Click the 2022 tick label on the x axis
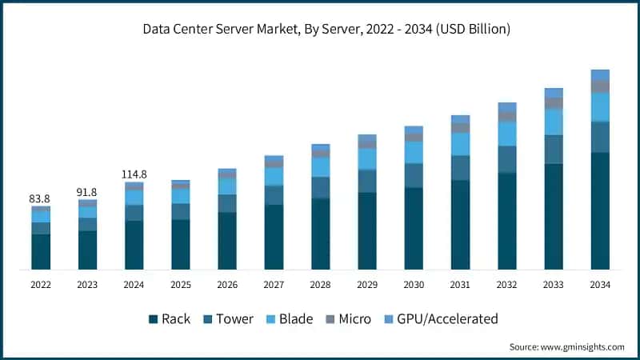point(41,284)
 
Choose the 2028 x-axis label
point(320,284)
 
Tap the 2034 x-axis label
point(600,284)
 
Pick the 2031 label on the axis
point(460,284)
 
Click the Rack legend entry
point(169,319)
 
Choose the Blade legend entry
point(289,319)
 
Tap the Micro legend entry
point(348,319)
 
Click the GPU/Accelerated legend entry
point(441,319)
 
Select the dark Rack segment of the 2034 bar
point(600,211)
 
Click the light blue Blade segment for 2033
point(554,122)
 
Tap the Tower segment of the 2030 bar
point(414,175)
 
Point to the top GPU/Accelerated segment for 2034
point(600,75)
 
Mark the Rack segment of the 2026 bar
point(227,241)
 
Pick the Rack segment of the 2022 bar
point(41,252)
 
